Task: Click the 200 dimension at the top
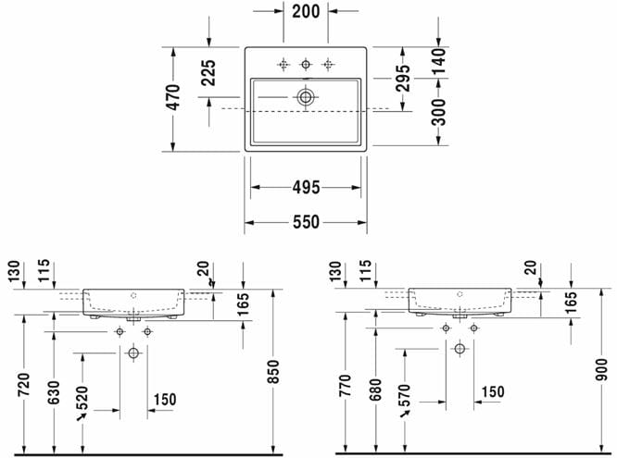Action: (306, 11)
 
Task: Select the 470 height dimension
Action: (172, 97)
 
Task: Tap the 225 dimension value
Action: (208, 73)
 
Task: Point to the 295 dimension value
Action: (403, 78)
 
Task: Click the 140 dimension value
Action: (438, 61)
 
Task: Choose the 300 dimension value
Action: (438, 112)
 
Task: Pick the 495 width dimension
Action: (306, 188)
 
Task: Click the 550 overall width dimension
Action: (306, 222)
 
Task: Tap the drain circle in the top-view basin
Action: (306, 97)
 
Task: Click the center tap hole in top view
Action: (306, 64)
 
